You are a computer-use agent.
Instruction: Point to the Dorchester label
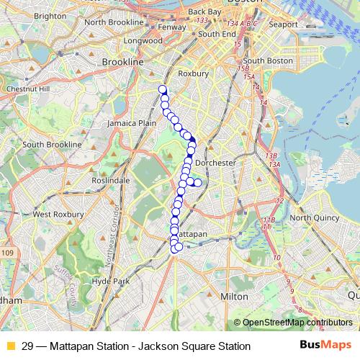pos(216,163)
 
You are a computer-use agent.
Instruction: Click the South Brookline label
pos(52,144)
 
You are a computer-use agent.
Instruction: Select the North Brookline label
pos(115,22)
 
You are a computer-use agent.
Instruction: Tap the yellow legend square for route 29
pos(10,346)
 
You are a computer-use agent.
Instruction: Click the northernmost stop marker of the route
pos(162,89)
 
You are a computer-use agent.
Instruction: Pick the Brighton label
pos(50,15)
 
